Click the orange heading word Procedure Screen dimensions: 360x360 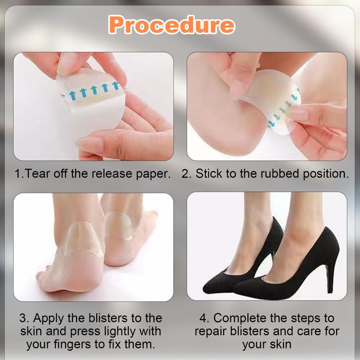[171, 25]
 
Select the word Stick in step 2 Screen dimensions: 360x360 [209, 174]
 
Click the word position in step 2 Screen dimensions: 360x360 [325, 174]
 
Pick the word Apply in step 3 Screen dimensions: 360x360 [48, 319]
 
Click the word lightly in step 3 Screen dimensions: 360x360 [120, 332]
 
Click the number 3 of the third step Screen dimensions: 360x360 [24, 318]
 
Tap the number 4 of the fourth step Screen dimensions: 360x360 [204, 318]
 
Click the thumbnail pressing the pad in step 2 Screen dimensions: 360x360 [240, 90]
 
